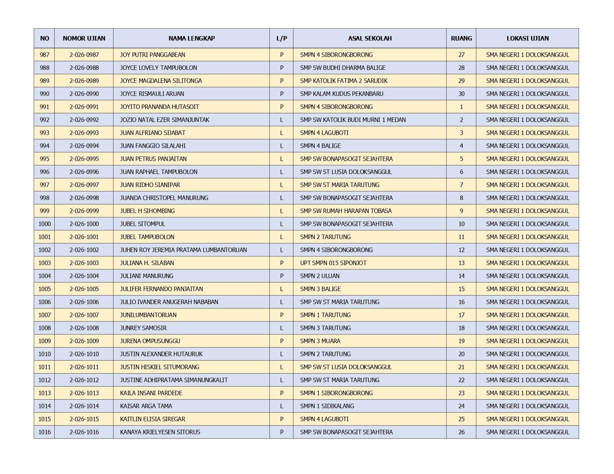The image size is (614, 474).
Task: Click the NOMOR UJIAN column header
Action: [84, 38]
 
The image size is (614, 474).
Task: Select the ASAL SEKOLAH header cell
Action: [370, 38]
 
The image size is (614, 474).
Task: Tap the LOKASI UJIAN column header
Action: [527, 38]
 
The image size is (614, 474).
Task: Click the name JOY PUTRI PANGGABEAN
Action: [153, 55]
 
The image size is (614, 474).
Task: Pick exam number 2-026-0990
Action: [84, 94]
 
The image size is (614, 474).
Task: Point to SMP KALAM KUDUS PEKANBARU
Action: [342, 94]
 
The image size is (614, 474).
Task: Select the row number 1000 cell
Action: [44, 224]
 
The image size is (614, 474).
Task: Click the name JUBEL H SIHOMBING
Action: [147, 211]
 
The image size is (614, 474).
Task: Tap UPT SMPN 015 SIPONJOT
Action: [333, 263]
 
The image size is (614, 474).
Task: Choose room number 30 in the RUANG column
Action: [461, 94]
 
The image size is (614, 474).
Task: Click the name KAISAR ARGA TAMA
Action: [146, 406]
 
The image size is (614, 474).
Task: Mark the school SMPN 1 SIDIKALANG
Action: [327, 406]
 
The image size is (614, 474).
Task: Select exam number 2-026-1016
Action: [84, 432]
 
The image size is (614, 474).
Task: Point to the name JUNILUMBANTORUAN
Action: [148, 315]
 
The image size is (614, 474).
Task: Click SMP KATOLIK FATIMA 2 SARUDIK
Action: [343, 81]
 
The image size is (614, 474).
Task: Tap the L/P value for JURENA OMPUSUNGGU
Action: [282, 341]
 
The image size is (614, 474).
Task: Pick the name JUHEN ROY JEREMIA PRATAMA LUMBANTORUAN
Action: [183, 250]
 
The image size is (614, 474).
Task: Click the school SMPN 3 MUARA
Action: [320, 341]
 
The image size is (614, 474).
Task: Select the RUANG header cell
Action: [461, 38]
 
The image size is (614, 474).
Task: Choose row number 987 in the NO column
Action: [44, 55]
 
